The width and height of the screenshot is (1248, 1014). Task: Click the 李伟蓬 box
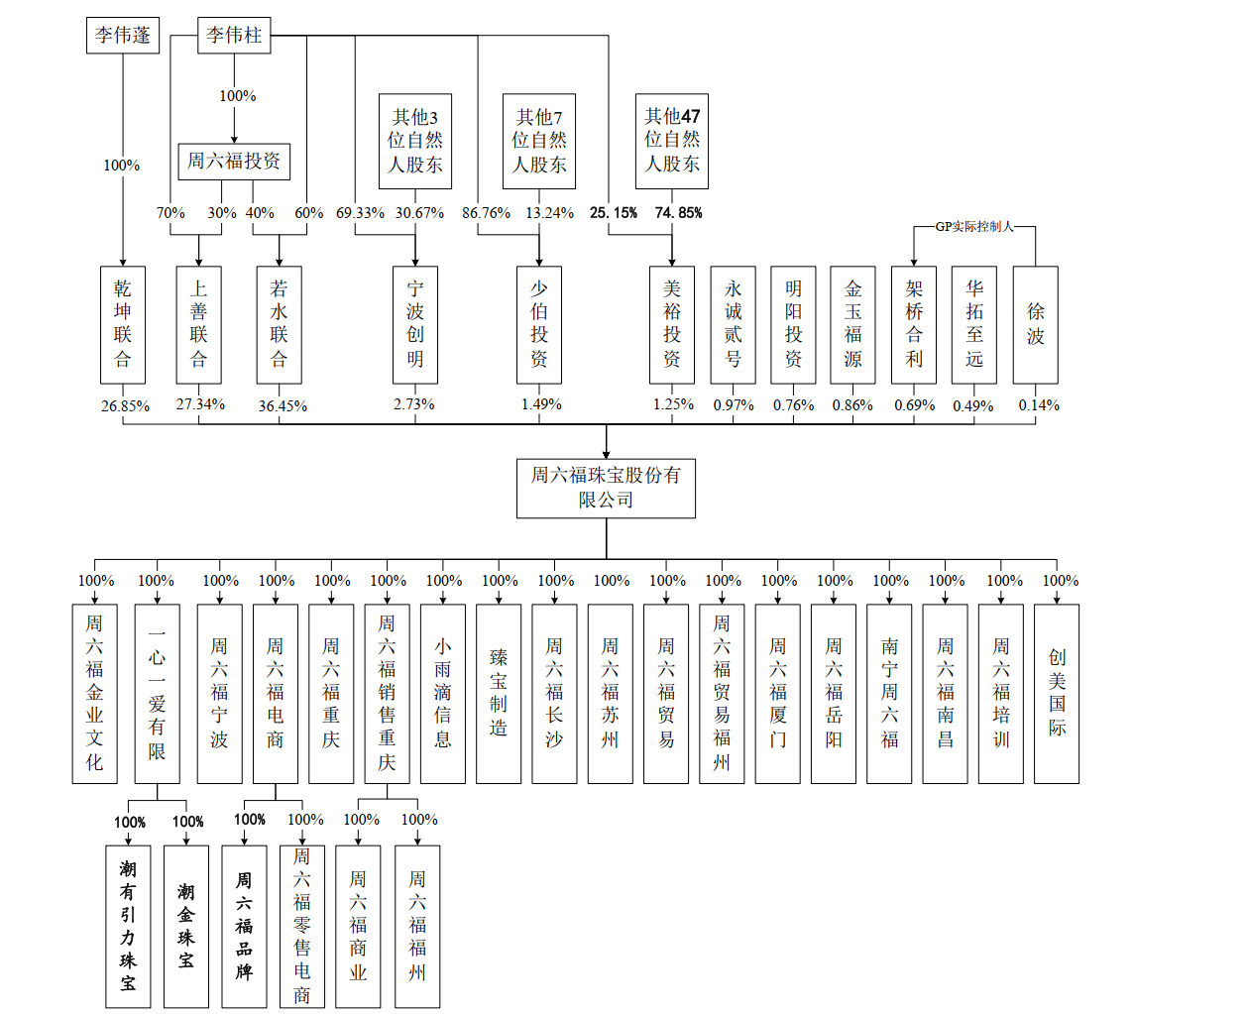click(x=123, y=35)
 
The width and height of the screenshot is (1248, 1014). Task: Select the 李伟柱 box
click(x=234, y=35)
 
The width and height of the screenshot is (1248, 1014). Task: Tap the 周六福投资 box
click(x=234, y=162)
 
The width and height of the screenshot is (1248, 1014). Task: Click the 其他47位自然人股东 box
click(x=671, y=141)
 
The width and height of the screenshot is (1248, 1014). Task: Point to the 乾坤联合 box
click(x=123, y=325)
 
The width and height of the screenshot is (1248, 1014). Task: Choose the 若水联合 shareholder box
click(x=279, y=325)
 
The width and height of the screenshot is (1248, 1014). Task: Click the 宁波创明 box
click(x=414, y=325)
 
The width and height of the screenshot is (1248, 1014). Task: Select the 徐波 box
click(x=1035, y=325)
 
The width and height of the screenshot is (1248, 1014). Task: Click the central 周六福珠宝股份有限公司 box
click(x=606, y=488)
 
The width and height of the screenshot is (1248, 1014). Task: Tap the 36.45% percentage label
click(x=283, y=406)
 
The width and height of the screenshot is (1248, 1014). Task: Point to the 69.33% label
click(x=360, y=213)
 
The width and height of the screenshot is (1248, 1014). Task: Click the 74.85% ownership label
click(x=678, y=213)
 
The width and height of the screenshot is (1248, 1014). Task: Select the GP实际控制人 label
click(x=973, y=227)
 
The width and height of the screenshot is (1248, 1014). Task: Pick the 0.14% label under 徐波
click(x=1039, y=405)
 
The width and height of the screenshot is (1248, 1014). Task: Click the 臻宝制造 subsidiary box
click(x=498, y=694)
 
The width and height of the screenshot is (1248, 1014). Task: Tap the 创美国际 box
click(x=1057, y=694)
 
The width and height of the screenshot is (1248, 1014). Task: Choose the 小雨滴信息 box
click(x=442, y=694)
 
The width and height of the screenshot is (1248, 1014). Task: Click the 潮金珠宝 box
click(x=185, y=926)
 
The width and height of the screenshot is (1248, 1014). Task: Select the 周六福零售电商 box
click(x=301, y=926)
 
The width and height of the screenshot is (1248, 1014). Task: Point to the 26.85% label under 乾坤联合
click(x=125, y=406)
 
